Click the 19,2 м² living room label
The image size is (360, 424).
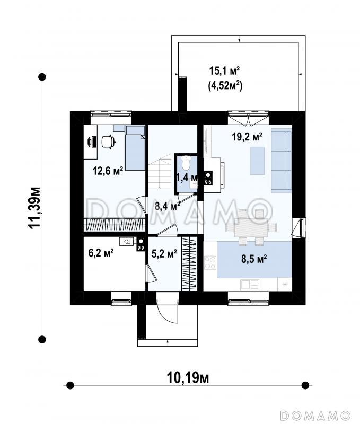[247, 137]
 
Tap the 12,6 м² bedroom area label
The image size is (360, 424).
[108, 171]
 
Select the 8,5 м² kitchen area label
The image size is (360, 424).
[254, 259]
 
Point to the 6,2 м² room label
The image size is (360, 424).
[101, 253]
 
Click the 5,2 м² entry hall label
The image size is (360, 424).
[164, 254]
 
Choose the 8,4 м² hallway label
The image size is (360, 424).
[168, 206]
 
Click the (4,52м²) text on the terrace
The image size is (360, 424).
[225, 86]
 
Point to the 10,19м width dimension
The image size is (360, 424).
[188, 377]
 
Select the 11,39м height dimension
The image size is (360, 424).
[35, 208]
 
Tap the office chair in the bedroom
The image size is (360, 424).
[109, 142]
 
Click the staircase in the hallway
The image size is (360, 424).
[160, 171]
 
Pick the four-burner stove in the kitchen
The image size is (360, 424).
[210, 262]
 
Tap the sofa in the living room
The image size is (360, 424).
[282, 161]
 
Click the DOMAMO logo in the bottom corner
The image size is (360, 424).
[315, 415]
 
